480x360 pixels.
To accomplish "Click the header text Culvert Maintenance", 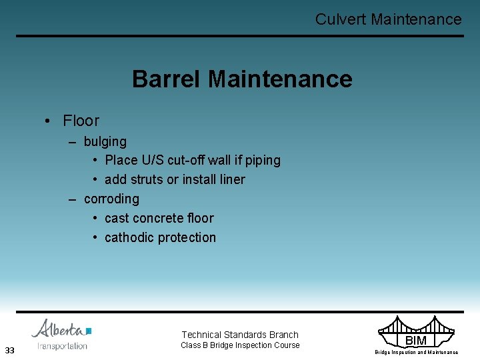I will [388, 19].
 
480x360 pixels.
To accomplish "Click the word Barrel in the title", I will [167, 79].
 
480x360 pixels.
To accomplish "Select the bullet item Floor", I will [81, 121].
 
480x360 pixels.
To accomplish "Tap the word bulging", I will [105, 141].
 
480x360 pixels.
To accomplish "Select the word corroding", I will [111, 199].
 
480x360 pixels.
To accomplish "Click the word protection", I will [189, 237].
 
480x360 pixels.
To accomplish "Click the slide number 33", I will [9, 351].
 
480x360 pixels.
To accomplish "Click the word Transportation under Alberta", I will [63, 346].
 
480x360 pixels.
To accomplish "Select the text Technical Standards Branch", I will [240, 335].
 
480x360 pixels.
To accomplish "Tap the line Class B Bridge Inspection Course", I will [240, 345].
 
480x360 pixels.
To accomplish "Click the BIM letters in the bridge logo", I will [415, 341].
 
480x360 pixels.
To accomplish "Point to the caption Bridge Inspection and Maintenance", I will [416, 352].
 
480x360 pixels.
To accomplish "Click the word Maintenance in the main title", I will [280, 79].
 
